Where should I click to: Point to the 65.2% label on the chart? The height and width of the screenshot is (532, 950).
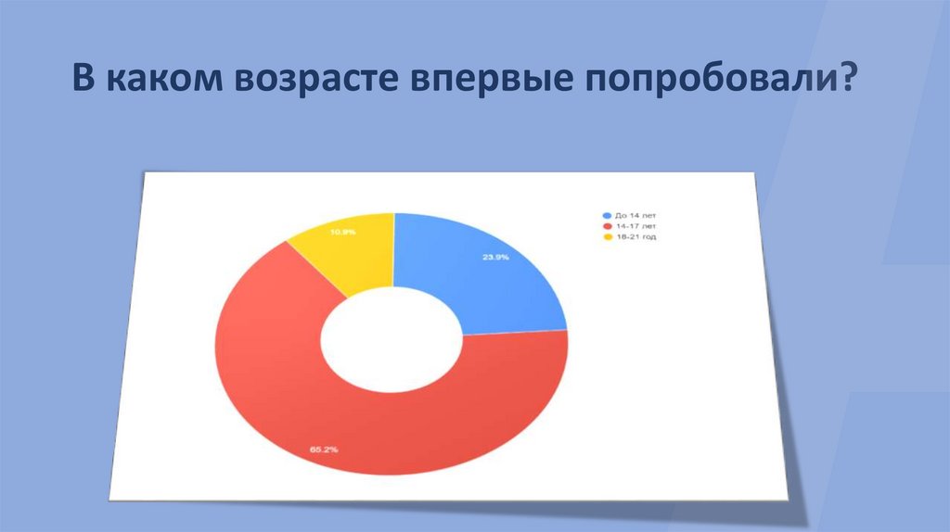[x=323, y=449]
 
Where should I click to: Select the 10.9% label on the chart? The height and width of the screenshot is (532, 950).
[x=343, y=233]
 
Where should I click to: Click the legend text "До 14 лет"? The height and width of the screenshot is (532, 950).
[x=636, y=215]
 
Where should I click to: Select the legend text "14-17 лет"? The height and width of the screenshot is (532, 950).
[x=636, y=226]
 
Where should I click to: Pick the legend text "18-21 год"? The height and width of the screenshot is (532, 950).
[x=636, y=237]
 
